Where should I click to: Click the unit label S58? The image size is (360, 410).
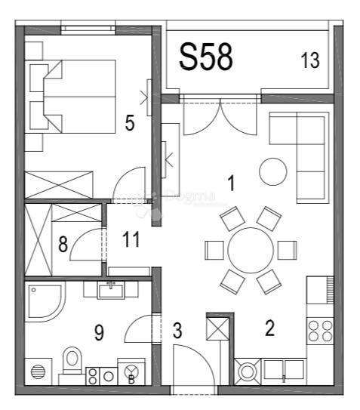tap(205, 57)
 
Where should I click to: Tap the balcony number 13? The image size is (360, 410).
tap(310, 61)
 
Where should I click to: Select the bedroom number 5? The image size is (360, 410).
tap(130, 123)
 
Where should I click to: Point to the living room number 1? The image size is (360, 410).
tap(232, 183)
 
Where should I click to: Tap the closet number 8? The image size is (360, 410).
tap(63, 244)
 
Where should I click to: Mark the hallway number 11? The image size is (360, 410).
tap(131, 240)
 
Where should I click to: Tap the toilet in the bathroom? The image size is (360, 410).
tap(72, 360)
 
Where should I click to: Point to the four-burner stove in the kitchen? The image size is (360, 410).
tap(320, 329)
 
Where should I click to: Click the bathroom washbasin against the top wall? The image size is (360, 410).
tap(111, 288)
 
